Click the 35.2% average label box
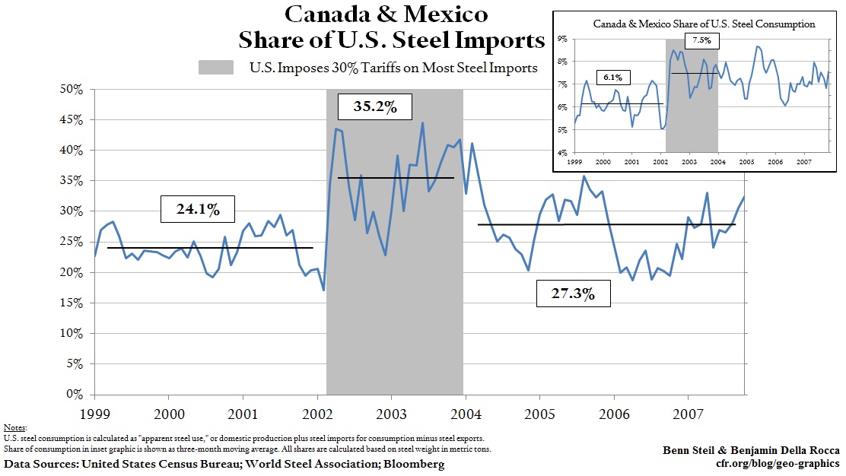point(375,106)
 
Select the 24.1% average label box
point(196,208)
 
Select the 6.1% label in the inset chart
point(612,77)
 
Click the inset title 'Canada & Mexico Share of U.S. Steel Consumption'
point(704,24)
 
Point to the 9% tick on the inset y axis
point(563,38)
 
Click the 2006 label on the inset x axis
point(774,163)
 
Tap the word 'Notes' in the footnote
point(14,429)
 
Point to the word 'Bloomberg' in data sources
point(415,464)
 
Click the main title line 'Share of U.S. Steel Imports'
point(392,40)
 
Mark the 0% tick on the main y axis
point(74,395)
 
